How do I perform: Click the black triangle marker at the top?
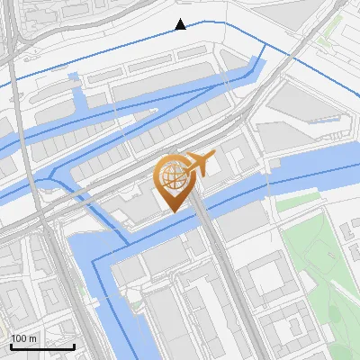point(181,24)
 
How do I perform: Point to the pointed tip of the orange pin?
point(174,211)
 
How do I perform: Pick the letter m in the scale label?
point(34,338)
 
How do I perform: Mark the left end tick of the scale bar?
point(11,346)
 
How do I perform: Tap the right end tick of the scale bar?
point(75,346)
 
